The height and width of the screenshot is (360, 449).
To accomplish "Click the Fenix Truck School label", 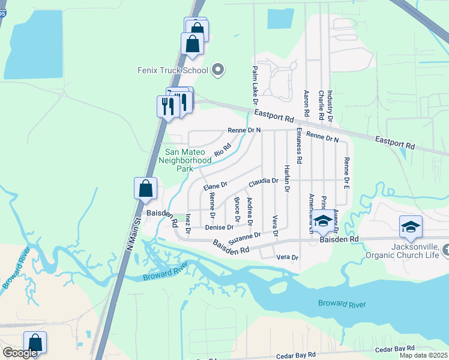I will click(171, 71).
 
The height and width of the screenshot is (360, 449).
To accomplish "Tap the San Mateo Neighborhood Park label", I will click(185, 160).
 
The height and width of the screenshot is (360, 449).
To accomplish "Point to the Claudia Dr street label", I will click(264, 181).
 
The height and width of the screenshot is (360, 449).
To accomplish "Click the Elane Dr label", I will click(215, 187).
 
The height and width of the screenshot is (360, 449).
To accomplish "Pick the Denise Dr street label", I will click(218, 227).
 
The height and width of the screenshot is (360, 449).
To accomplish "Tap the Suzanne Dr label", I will click(245, 238).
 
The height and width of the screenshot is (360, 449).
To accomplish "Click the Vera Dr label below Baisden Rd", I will click(287, 257).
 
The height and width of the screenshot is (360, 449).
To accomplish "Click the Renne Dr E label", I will click(346, 170).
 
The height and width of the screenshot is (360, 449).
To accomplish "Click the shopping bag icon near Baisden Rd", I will click(146, 189).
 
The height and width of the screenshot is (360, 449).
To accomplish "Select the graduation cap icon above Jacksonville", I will click(411, 227).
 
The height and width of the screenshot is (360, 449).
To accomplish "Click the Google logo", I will click(20, 353).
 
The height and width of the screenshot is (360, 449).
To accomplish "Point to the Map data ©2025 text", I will click(424, 355).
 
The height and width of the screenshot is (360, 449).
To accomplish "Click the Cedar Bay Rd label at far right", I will click(394, 349).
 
